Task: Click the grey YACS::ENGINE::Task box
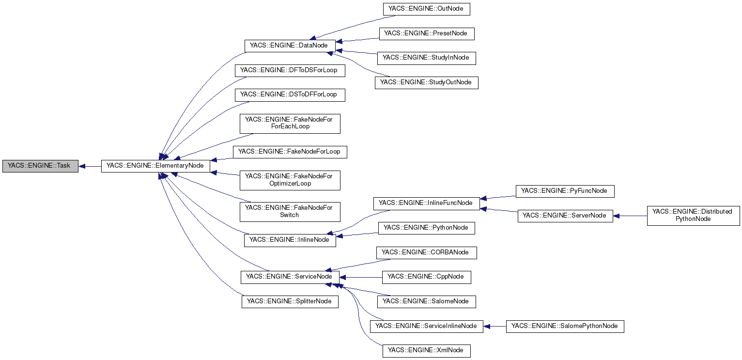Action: point(40,166)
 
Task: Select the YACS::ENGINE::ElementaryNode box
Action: point(155,166)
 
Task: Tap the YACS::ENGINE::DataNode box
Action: point(289,46)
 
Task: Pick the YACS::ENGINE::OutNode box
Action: point(426,9)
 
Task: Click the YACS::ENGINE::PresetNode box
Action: point(426,33)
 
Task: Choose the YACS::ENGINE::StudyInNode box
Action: point(426,58)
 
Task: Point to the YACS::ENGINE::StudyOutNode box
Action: point(426,82)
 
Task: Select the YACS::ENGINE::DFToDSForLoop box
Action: point(289,70)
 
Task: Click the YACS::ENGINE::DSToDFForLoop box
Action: point(289,94)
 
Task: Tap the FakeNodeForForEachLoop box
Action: point(290,123)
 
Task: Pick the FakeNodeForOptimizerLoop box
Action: point(290,180)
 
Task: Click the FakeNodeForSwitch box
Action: point(290,211)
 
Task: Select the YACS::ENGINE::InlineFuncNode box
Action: point(426,203)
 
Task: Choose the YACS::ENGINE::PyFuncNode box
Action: point(565,191)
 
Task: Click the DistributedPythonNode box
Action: point(693,215)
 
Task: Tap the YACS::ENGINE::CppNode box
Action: point(426,277)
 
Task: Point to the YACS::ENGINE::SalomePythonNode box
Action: point(565,326)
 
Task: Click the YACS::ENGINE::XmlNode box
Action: point(426,350)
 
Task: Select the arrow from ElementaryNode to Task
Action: point(90,166)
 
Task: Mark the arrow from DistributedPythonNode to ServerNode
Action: point(630,216)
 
